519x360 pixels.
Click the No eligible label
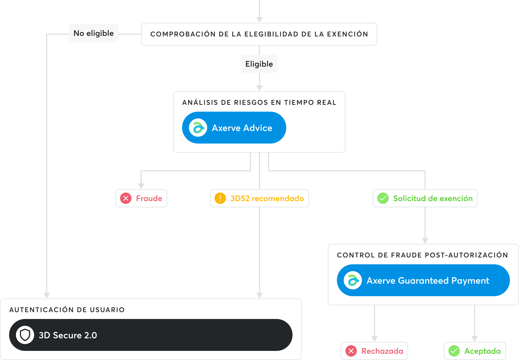(x=94, y=33)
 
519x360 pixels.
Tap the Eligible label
(x=259, y=64)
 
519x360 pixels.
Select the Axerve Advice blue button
(x=234, y=128)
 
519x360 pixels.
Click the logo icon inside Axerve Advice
(x=198, y=128)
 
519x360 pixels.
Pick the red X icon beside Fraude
(x=126, y=198)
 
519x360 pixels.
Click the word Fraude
(x=149, y=199)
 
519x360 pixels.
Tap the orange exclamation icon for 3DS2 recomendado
(x=220, y=198)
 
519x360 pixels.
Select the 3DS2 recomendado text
(x=267, y=199)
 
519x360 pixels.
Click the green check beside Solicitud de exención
(x=383, y=198)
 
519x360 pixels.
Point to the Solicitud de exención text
(x=433, y=199)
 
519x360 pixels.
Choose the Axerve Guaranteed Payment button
(x=423, y=280)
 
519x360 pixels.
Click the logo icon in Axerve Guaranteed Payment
(x=353, y=280)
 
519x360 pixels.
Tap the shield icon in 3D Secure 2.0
(x=25, y=335)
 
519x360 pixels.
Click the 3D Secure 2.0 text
(x=68, y=335)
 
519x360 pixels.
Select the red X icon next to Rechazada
(x=351, y=351)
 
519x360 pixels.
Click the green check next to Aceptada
(x=454, y=351)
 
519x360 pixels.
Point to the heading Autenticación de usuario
(x=67, y=310)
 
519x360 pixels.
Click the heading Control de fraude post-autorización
(x=423, y=255)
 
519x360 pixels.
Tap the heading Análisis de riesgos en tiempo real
(x=259, y=102)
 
